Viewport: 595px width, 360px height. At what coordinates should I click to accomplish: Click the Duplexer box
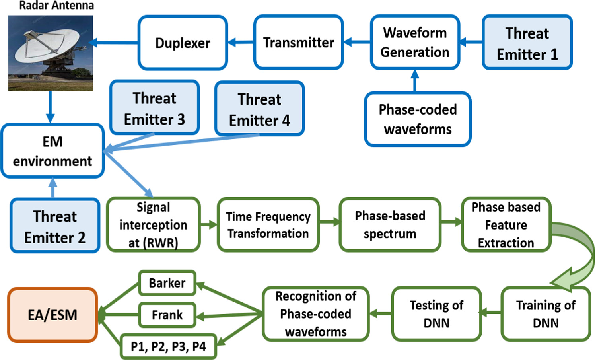183,43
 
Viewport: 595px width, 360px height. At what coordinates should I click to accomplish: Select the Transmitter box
298,43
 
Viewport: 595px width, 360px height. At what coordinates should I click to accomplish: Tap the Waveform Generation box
415,43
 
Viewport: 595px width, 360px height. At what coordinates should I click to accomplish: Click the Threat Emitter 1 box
527,43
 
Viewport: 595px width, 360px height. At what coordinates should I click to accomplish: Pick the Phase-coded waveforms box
418,119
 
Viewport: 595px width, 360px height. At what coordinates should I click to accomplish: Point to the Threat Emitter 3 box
154,108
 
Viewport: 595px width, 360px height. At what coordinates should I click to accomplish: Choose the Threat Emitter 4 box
259,109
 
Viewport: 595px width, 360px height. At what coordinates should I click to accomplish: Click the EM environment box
52,151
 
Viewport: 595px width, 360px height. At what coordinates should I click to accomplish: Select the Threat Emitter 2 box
55,226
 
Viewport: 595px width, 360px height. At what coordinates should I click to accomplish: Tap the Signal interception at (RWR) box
153,225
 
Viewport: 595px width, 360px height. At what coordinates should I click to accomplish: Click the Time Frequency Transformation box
268,225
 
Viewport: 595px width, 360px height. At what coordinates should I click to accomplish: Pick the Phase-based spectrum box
390,225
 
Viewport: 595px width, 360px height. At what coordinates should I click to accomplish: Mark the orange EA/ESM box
52,315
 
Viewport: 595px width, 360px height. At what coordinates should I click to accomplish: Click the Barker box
167,283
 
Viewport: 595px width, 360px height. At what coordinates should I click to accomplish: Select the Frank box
167,315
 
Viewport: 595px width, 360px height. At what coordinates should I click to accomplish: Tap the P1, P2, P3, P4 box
168,346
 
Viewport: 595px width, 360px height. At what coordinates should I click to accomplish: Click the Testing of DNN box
436,314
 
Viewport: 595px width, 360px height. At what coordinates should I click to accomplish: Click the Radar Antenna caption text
56,6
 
